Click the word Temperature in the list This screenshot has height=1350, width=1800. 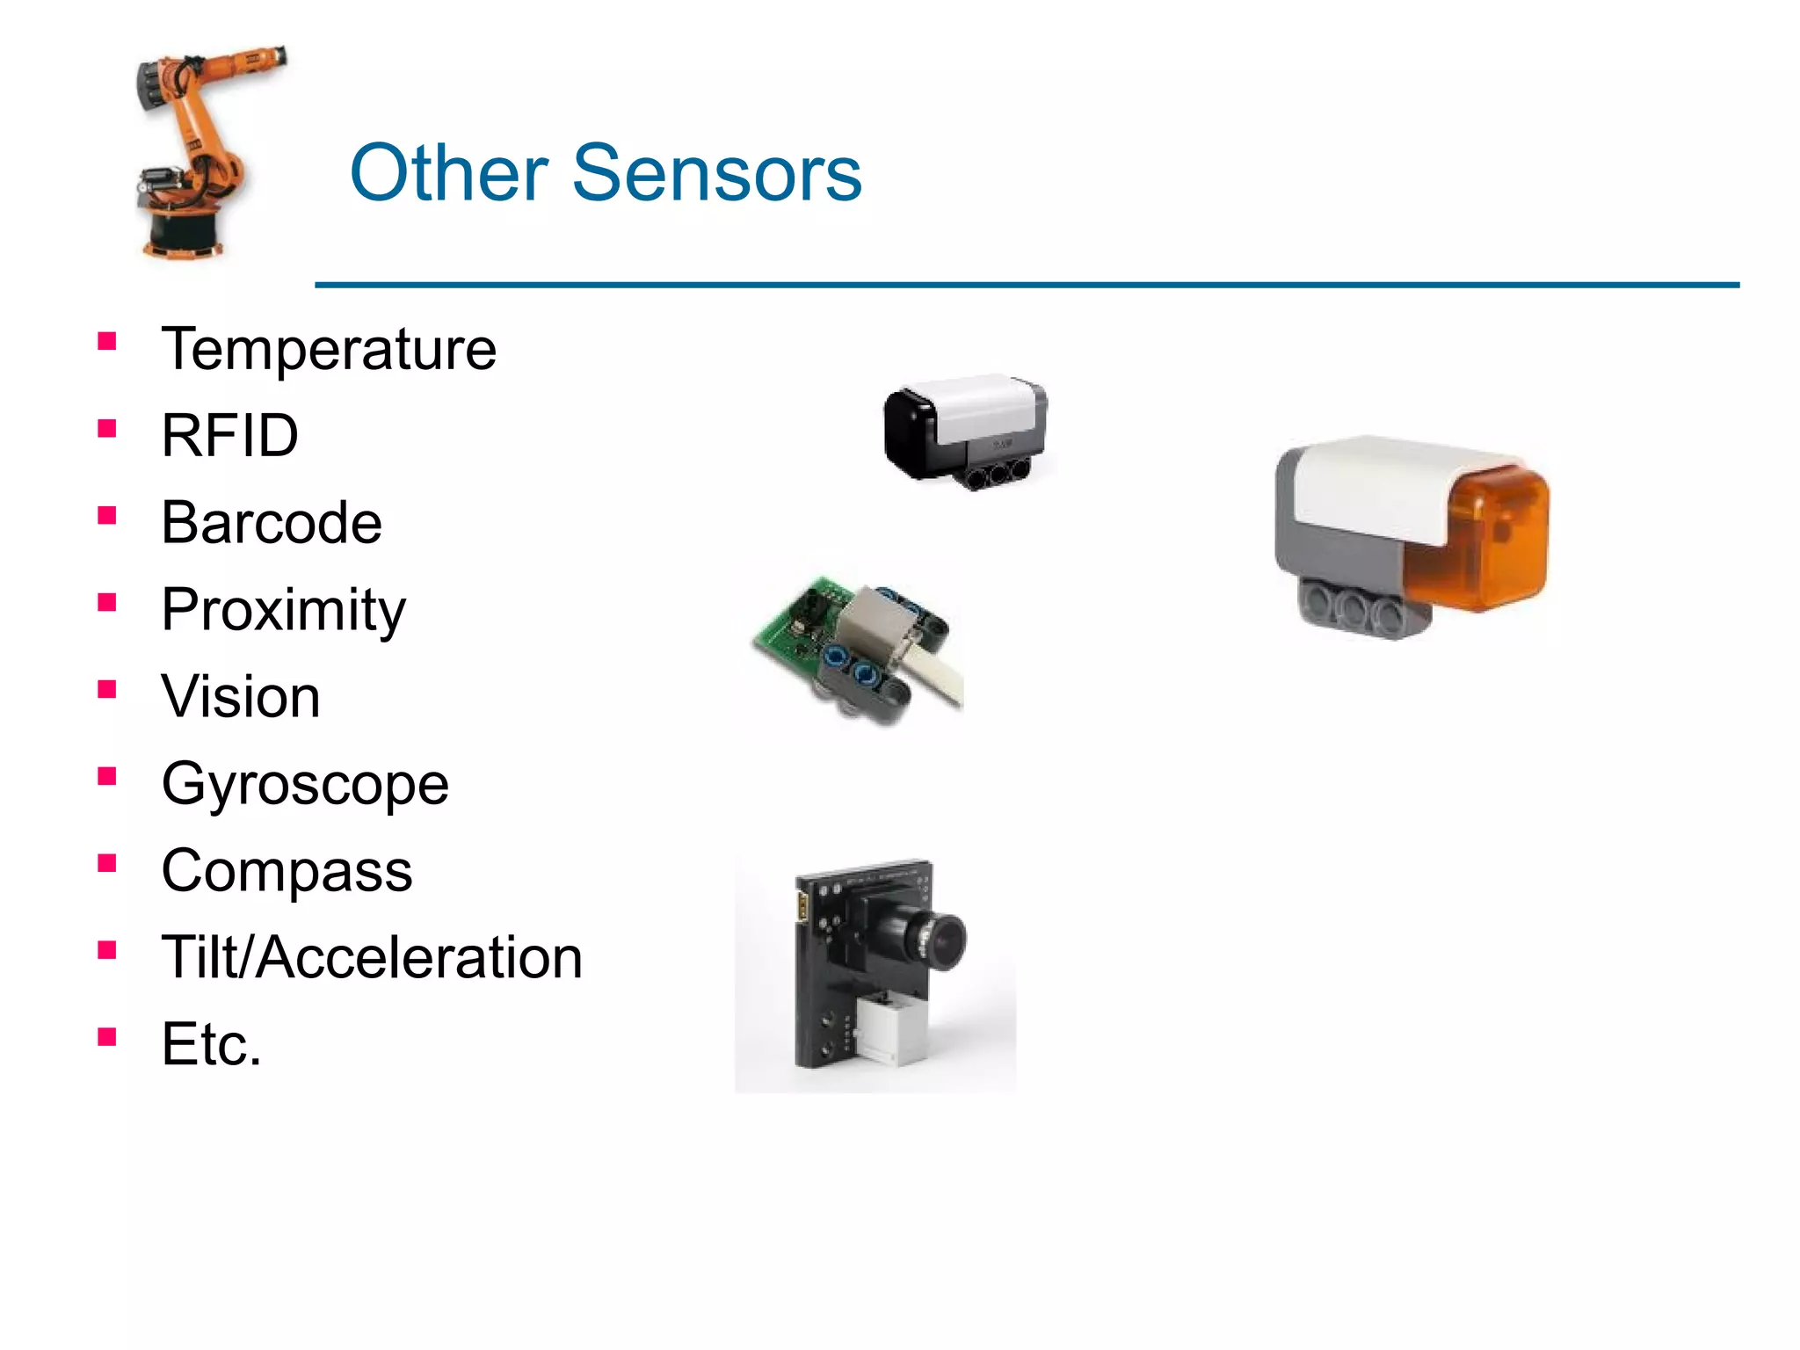coord(329,350)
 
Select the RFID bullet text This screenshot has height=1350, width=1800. coord(229,436)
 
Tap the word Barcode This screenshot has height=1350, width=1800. coord(272,523)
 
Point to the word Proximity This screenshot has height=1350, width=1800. coord(283,610)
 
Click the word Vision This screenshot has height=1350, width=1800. coord(241,697)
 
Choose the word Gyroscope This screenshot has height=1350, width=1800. coord(305,784)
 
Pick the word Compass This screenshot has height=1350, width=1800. coord(287,871)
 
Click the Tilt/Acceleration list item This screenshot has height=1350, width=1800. coord(372,957)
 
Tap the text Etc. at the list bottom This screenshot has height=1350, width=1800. coord(211,1044)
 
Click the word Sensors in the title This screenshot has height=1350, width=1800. coord(716,172)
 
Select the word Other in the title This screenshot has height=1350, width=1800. coord(449,172)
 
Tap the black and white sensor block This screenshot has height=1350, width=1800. coord(964,431)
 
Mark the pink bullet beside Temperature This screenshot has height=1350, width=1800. coord(107,341)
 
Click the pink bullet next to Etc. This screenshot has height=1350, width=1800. coord(107,1037)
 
